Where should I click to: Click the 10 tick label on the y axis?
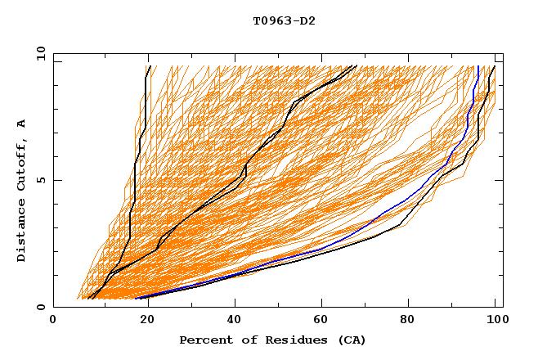pos(40,52)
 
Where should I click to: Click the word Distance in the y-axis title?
pos(21,232)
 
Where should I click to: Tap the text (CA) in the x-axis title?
pos(350,340)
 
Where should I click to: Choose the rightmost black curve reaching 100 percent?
pos(442,174)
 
